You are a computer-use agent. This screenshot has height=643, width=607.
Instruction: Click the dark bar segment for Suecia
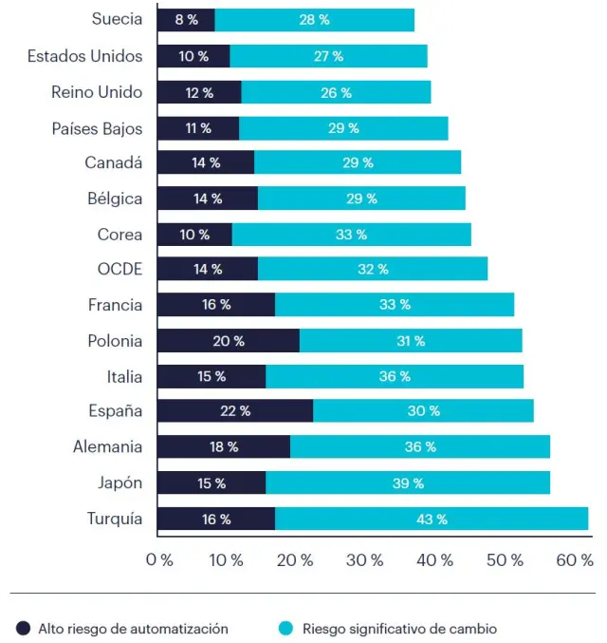(x=186, y=20)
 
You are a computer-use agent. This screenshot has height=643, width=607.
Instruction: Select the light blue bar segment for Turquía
(x=432, y=519)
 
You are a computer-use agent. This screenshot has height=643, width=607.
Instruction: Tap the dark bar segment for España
(x=234, y=411)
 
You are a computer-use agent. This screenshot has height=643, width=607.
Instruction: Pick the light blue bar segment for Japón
(x=408, y=483)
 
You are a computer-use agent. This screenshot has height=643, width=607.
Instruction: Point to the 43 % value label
(x=432, y=520)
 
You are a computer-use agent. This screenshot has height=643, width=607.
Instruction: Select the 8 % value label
(x=187, y=20)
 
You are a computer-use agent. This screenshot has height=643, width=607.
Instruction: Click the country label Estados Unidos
(x=85, y=56)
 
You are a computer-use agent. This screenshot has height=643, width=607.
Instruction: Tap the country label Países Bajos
(x=97, y=128)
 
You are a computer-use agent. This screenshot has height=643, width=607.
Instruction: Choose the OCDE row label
(x=120, y=270)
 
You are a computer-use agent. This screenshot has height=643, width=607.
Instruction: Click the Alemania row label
(x=107, y=446)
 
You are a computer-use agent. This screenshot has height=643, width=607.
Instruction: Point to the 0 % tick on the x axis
(x=159, y=560)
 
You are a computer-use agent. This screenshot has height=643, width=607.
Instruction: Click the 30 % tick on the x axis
(x=366, y=560)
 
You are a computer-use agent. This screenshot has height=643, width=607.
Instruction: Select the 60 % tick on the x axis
(x=575, y=560)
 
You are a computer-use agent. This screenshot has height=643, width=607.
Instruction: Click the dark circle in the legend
(x=23, y=628)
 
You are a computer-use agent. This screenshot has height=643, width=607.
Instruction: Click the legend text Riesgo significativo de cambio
(x=399, y=628)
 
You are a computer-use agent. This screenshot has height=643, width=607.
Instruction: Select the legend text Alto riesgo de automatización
(x=133, y=628)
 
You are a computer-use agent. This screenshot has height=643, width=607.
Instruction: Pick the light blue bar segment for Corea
(x=351, y=235)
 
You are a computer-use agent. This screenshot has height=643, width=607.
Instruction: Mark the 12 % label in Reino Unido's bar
(x=199, y=93)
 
